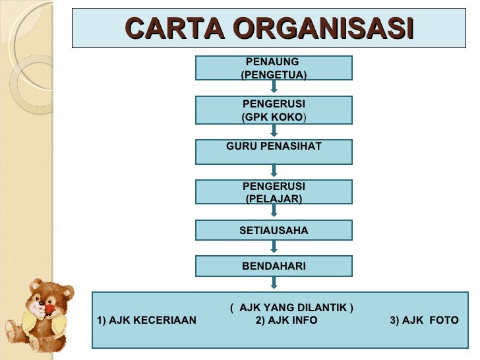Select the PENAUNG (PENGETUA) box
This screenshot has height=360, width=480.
tap(274, 68)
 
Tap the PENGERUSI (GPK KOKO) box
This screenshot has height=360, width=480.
tap(274, 110)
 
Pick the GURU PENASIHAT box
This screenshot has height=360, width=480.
tap(274, 152)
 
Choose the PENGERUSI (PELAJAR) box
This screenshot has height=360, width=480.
tap(274, 192)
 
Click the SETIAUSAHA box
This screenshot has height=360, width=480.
tap(274, 230)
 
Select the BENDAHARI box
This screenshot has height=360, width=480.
tap(274, 266)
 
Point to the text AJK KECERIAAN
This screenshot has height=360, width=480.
tap(146, 320)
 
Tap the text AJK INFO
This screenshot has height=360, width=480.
tap(286, 320)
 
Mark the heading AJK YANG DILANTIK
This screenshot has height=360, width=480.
tap(291, 308)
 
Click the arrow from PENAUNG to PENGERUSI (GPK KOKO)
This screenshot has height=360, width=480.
tap(274, 87)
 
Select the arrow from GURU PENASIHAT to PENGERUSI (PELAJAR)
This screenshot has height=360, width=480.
tap(274, 171)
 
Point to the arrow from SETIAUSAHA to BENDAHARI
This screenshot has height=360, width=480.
tap(274, 247)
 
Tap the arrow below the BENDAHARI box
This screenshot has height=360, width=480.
tap(274, 283)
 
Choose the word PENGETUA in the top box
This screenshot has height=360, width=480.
tap(274, 75)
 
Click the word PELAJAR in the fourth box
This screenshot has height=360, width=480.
tap(274, 198)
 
